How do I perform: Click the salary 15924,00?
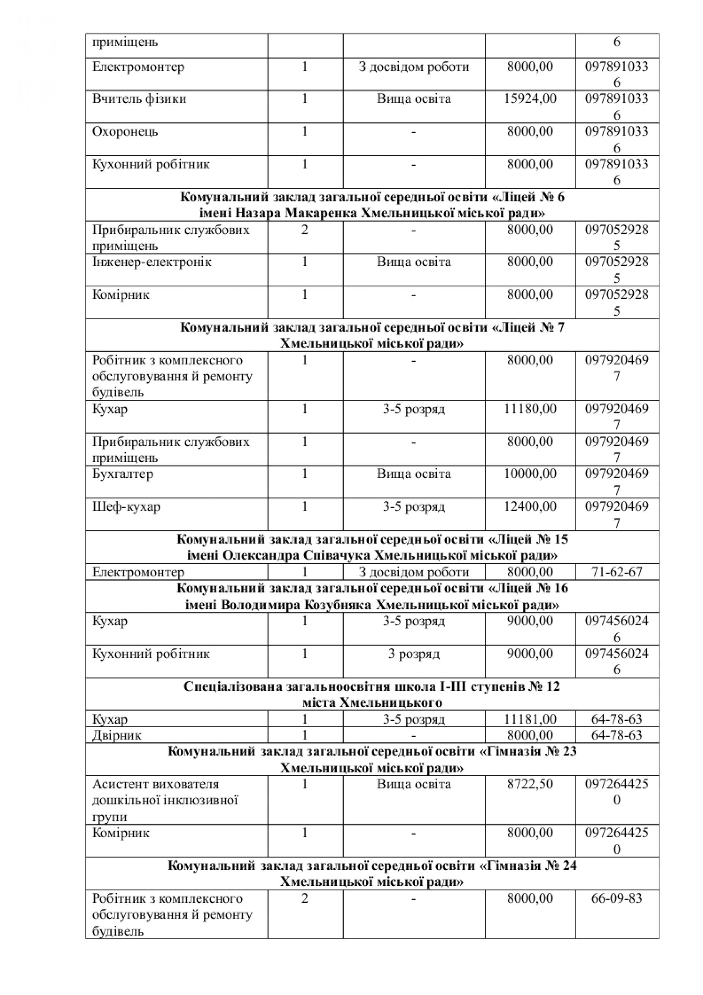pos(530,99)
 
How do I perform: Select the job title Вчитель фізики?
pos(139,99)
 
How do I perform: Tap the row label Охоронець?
pos(125,132)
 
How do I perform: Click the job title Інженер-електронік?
pos(152,262)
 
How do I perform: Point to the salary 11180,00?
pos(530,409)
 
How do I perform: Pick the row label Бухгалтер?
pos(123,474)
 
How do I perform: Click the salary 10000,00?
pos(530,474)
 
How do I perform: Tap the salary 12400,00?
pos(530,506)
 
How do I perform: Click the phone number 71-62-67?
pos(617,572)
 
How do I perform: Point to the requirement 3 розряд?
pos(413,654)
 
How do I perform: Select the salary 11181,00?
pos(530,719)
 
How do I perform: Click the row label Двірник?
pos(117,735)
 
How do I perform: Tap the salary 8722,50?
pos(530,784)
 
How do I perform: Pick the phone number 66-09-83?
pos(617,898)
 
